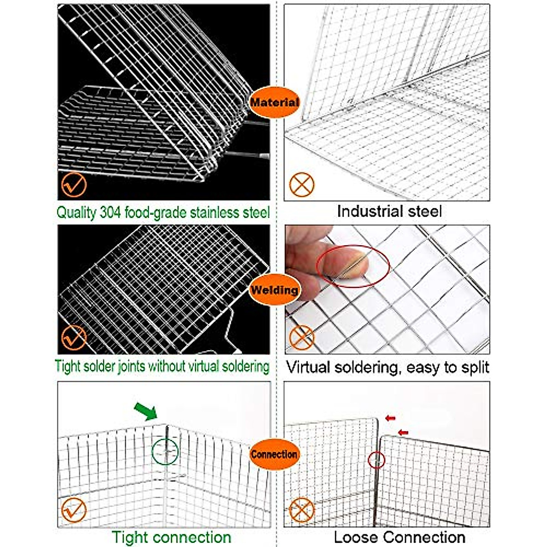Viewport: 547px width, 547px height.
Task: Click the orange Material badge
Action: tap(274, 102)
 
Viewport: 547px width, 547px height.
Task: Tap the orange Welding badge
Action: tap(274, 290)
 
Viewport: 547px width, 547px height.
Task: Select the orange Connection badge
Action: tap(274, 454)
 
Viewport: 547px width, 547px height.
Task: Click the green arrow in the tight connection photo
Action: tap(146, 411)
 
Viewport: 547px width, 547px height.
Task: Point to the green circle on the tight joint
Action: tap(165, 451)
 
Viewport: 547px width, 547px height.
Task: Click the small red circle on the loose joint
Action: tap(377, 460)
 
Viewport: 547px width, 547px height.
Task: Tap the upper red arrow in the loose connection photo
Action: tap(390, 418)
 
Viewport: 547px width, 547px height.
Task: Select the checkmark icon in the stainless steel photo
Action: tap(73, 184)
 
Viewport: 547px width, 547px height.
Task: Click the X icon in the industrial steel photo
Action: tap(302, 184)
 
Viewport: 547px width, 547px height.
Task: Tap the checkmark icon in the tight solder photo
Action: tap(73, 338)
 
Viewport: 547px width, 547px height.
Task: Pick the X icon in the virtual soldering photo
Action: tap(302, 338)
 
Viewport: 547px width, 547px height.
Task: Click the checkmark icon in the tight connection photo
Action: tap(73, 510)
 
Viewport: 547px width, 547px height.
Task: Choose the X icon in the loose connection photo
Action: tap(302, 510)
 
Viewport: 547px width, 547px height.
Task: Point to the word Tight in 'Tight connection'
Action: tap(131, 537)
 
